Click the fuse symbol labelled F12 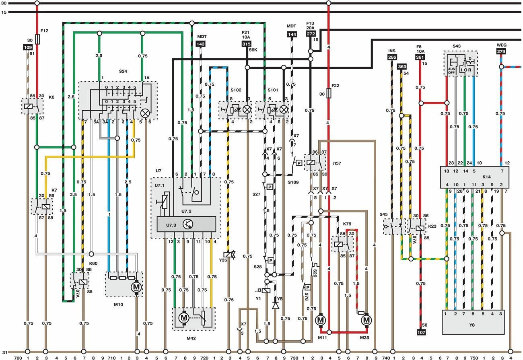coord(37,39)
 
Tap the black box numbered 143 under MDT coord(201,44)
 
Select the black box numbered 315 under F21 coord(246,44)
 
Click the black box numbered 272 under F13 coord(311,35)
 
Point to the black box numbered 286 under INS coord(392,58)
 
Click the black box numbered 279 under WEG coord(501,51)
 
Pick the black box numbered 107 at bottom coord(421,332)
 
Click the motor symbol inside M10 coord(136,287)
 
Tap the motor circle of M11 coord(320,320)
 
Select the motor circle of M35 coord(366,320)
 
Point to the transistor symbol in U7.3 coord(188,224)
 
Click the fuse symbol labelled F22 coord(329,94)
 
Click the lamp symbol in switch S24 coord(145,113)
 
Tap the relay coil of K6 coord(28,107)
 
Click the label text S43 coord(456,47)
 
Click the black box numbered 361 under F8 coord(420,58)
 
